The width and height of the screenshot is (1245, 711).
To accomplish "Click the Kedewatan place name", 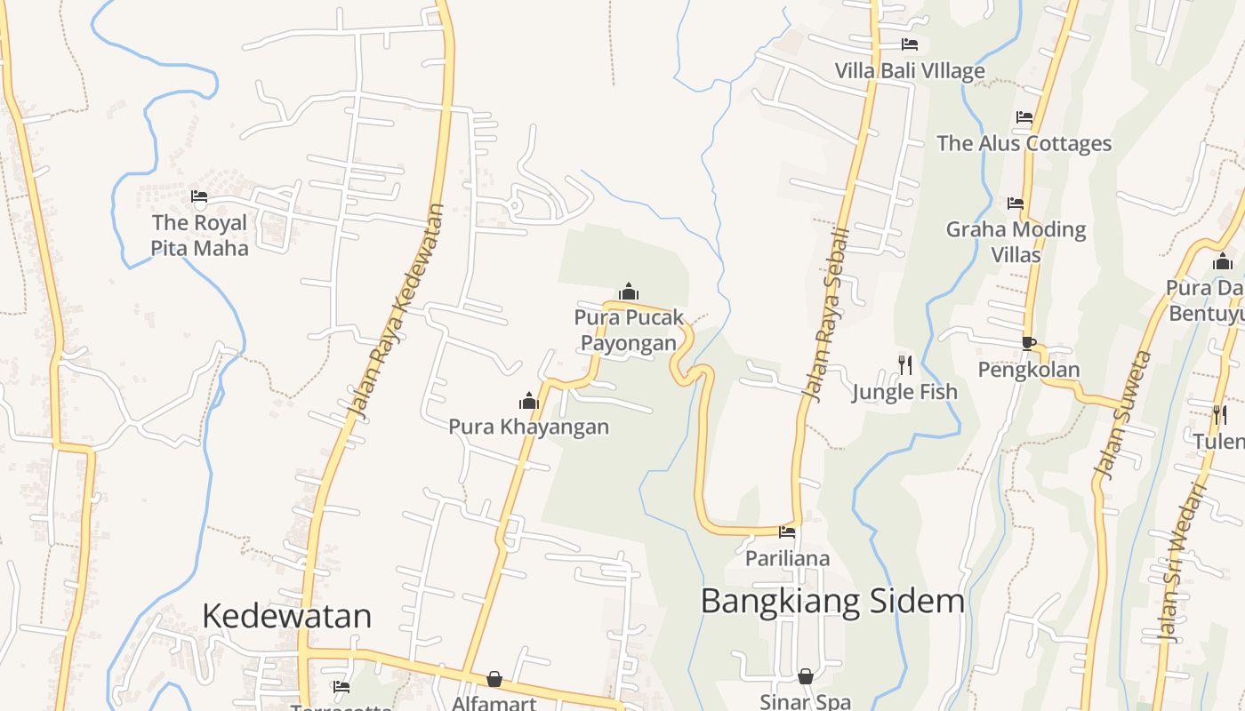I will pos(286,615).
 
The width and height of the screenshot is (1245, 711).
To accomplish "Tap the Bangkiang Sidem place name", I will pos(832,601).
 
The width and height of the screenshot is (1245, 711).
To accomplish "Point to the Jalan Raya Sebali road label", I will pos(827,310).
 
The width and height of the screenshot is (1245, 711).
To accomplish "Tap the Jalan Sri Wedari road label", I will pos(1182,563).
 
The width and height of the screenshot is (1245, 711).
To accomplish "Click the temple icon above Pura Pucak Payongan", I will pos(629,292).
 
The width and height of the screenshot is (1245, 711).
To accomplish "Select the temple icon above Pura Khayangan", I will pos(529,402).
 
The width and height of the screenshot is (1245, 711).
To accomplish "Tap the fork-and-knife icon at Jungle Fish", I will pos(905,364).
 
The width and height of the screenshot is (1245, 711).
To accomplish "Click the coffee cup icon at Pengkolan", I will pos(1029,343).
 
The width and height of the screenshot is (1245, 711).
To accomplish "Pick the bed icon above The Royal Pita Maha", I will pos(199,196).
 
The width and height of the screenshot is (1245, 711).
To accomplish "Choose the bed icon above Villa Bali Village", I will pos(909,44).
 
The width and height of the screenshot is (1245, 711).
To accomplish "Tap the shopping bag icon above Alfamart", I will pos(494,679).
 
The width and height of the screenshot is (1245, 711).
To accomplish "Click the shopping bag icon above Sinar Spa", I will pos(806,676).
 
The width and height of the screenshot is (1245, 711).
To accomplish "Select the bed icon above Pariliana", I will pos(787,532).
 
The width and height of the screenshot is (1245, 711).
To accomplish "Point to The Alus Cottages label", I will pos(1024,143).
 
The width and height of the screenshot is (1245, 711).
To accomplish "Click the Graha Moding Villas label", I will pos(1016,242).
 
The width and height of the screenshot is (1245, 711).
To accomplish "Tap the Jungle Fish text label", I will pos(904,392).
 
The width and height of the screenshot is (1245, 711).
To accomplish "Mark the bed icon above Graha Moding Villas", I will pos(1016,204).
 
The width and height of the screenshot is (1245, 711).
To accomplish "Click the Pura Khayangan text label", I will pos(528,427).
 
